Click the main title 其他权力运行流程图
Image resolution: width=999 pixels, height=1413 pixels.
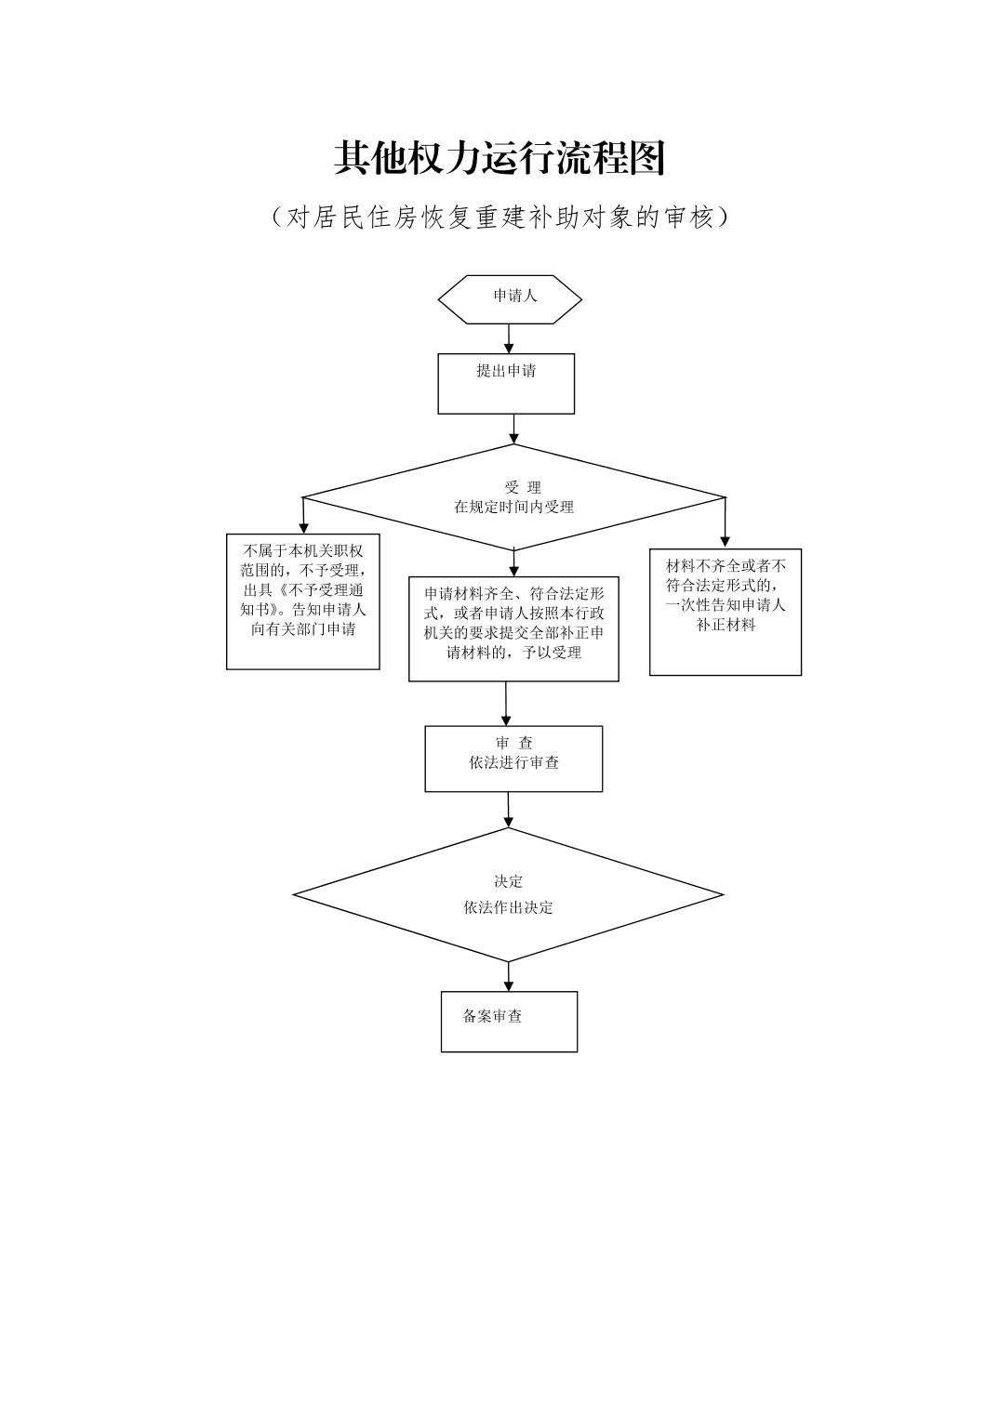pyautogui.click(x=499, y=159)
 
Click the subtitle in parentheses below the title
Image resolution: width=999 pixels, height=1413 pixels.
pyautogui.click(x=499, y=218)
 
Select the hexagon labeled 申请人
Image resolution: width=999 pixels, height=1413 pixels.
pyautogui.click(x=510, y=298)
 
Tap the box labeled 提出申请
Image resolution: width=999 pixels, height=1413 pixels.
pyautogui.click(x=506, y=383)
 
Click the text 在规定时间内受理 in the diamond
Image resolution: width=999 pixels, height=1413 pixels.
pyautogui.click(x=513, y=508)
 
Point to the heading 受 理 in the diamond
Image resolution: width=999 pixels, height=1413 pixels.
pyautogui.click(x=523, y=487)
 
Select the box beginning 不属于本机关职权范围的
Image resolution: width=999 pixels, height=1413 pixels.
pyautogui.click(x=303, y=601)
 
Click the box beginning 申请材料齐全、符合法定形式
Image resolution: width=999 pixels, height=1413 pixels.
pyautogui.click(x=513, y=628)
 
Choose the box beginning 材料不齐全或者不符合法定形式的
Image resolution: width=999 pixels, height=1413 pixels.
pyautogui.click(x=726, y=611)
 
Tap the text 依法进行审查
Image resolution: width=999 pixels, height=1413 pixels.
pyautogui.click(x=514, y=763)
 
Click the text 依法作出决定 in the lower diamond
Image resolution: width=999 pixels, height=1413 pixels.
pyautogui.click(x=508, y=907)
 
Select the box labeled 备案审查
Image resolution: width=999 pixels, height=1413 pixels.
pyautogui.click(x=509, y=1021)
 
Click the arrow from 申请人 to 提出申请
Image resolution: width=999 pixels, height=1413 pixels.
pyautogui.click(x=509, y=338)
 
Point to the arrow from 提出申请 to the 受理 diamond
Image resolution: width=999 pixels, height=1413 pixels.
pyautogui.click(x=513, y=429)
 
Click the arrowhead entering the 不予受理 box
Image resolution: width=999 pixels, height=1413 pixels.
pyautogui.click(x=303, y=528)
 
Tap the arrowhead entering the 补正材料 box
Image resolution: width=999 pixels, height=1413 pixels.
pyautogui.click(x=726, y=542)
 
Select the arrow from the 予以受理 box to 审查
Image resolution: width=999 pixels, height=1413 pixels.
pyautogui.click(x=506, y=704)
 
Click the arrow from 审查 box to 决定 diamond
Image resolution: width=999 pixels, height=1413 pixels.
pyautogui.click(x=509, y=810)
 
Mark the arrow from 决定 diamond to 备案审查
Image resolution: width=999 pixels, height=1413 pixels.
pyautogui.click(x=509, y=977)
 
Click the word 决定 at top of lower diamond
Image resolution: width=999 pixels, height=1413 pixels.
pyautogui.click(x=508, y=881)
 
